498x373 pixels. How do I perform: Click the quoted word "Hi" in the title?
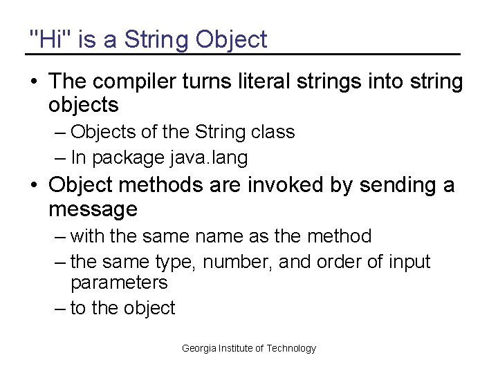pyautogui.click(x=50, y=39)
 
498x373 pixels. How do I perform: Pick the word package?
pyautogui.click(x=127, y=158)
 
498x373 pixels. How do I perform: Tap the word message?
pyautogui.click(x=93, y=209)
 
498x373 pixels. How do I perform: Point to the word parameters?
pyautogui.click(x=119, y=283)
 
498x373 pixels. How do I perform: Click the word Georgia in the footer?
pyautogui.click(x=199, y=348)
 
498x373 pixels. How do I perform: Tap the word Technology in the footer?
pyautogui.click(x=290, y=348)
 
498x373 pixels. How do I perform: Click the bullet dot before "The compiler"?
pyautogui.click(x=34, y=82)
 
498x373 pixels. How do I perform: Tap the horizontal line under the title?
pyautogui.click(x=242, y=54)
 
